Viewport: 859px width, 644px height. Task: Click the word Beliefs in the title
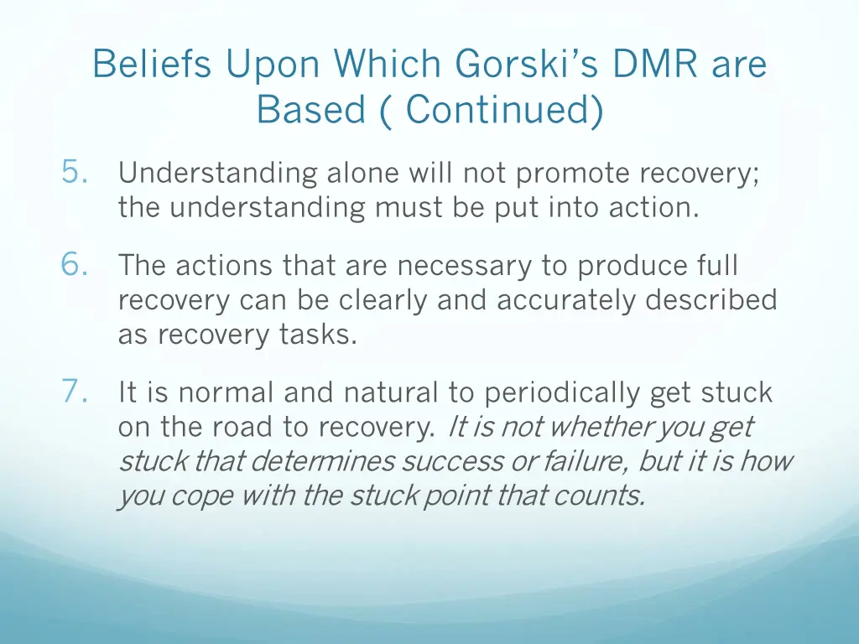(x=152, y=65)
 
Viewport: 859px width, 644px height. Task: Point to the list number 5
(x=75, y=173)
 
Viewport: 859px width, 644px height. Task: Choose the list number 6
(x=75, y=265)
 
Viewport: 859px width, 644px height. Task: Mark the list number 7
(x=75, y=391)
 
